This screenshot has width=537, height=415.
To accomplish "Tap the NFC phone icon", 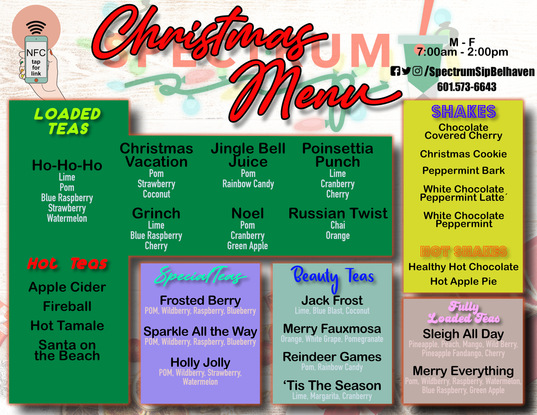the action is tap(36, 59).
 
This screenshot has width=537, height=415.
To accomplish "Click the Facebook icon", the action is tap(395, 71).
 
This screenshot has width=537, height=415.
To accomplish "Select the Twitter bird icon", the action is tap(406, 71).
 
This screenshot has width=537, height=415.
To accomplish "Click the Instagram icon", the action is tap(417, 71).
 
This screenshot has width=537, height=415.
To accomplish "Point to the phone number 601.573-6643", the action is tap(466, 87).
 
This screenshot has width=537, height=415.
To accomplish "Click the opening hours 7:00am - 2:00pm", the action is tap(462, 52).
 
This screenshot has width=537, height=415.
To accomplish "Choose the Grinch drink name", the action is tap(156, 213).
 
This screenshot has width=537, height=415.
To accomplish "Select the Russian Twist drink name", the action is tap(338, 213).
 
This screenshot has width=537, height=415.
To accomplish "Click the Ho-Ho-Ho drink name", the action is tap(67, 165).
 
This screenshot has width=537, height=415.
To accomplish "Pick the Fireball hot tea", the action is tap(67, 306).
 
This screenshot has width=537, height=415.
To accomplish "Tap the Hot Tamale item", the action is tap(67, 325).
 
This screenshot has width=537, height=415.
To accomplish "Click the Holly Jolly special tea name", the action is tap(200, 363).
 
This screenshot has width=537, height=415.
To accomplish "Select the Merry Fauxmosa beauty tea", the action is tap(332, 329).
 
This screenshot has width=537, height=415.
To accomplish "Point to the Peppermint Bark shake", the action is tap(463, 171).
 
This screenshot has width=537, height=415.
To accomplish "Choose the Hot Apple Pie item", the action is tap(463, 281).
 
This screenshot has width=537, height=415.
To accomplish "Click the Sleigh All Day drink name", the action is tap(463, 334).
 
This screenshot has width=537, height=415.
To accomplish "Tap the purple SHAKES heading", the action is tap(464, 112).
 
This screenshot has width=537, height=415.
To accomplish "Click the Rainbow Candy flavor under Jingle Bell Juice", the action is tap(248, 184).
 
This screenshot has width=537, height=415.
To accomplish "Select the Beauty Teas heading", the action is tap(332, 277).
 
